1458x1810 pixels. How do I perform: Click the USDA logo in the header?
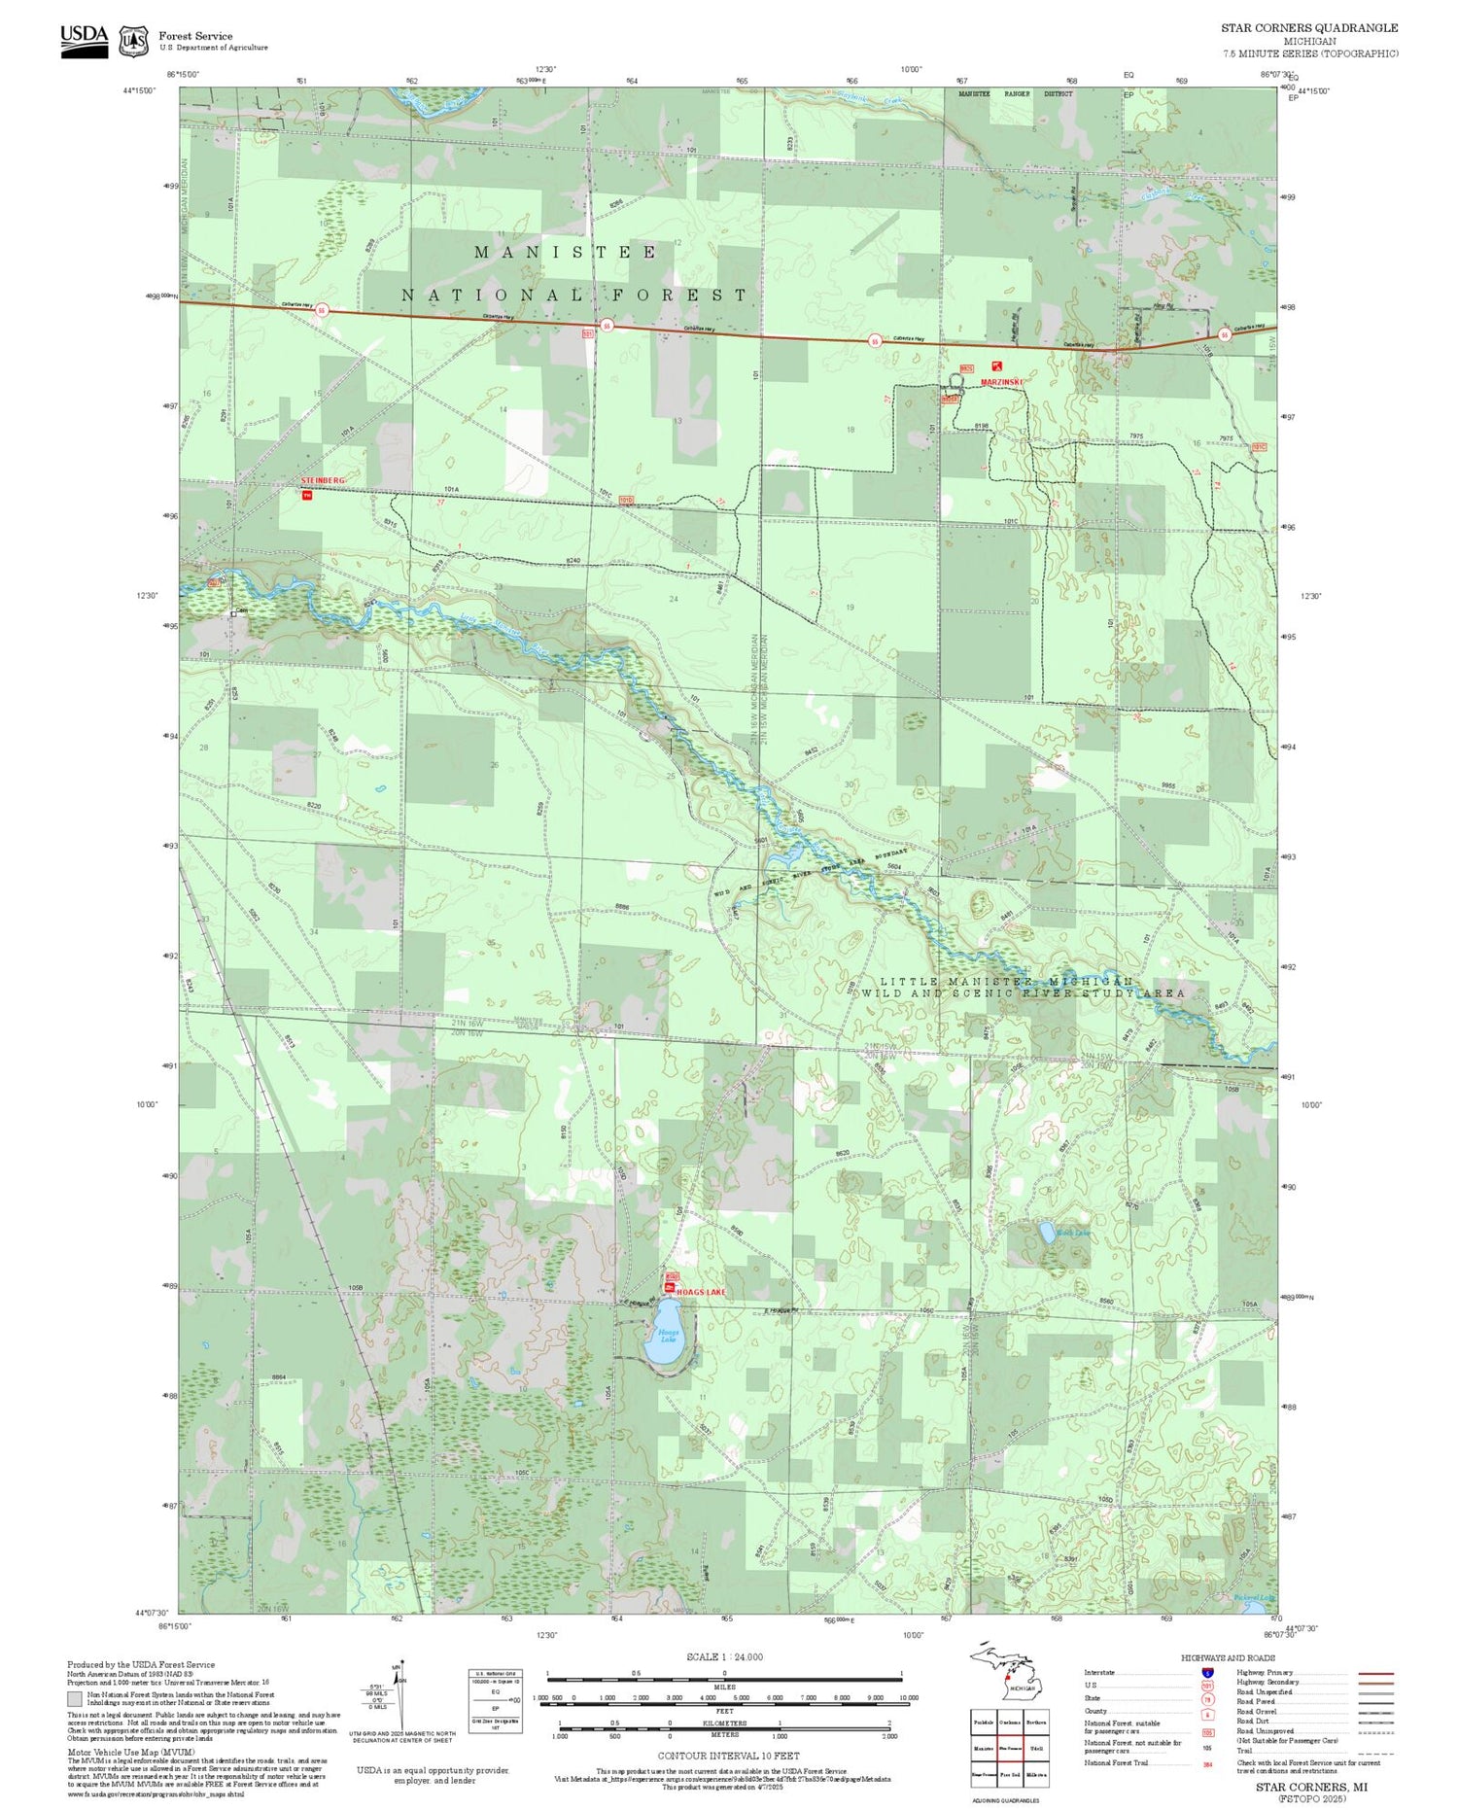click(84, 40)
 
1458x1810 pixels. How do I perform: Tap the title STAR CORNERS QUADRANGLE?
click(1309, 28)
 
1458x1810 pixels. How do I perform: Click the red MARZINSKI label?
click(1001, 382)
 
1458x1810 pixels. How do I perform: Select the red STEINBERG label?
click(323, 481)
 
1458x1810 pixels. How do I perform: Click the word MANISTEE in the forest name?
click(565, 252)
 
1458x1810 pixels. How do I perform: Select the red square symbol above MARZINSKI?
click(995, 366)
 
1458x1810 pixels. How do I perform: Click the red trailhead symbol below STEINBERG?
click(307, 496)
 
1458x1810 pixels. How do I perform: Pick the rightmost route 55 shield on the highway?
click(1225, 335)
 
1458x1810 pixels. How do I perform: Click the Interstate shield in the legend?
click(1207, 1672)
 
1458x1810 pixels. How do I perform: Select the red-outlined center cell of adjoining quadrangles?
click(1010, 1748)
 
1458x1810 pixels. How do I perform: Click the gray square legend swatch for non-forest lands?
click(75, 1699)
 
